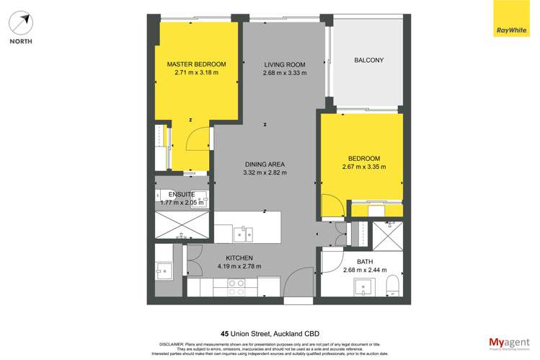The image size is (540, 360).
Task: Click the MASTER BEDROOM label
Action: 196,64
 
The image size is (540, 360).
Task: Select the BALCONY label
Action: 368,60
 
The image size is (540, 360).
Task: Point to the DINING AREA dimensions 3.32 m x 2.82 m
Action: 265,172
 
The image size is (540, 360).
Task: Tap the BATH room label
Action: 365,262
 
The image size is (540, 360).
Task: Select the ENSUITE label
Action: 182,194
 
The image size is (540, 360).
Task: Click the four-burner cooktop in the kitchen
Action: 237,287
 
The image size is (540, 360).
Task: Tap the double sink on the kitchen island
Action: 243,233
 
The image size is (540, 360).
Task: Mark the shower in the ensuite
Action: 182,226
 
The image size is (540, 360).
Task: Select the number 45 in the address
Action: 225,333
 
